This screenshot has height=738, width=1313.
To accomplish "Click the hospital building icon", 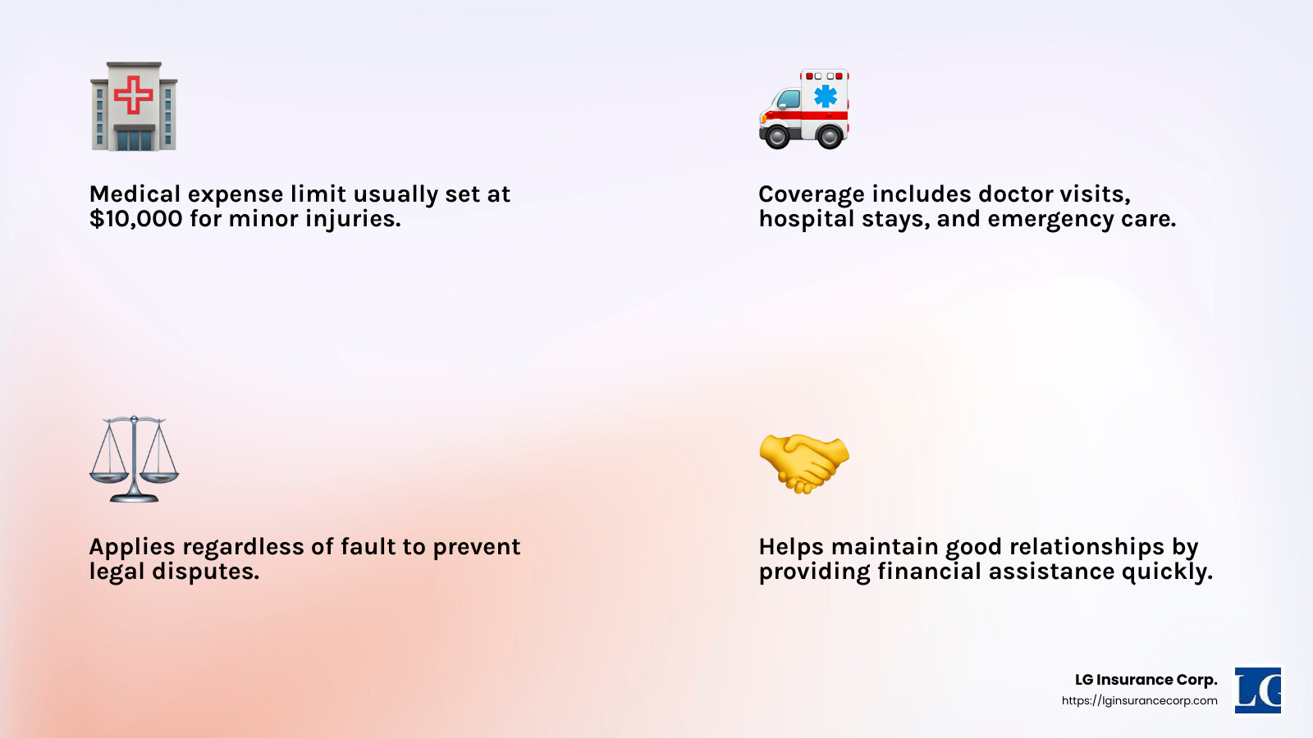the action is coord(134,106).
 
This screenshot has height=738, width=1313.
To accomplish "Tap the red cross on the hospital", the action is coord(134,94).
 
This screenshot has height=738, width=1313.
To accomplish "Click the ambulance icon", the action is coord(803,108).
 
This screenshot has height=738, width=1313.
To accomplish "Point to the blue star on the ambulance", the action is coord(826,96).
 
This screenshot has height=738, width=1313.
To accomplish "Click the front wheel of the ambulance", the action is coord(777,137).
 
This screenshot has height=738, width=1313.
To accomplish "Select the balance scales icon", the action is coord(134,459).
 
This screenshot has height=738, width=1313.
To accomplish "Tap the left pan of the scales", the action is coord(108,477).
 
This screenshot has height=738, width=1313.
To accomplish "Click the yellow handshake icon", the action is coord(803,463).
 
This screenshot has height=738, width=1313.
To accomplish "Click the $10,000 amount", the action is coord(136,219).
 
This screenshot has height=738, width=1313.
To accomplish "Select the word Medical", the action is coord(135,194).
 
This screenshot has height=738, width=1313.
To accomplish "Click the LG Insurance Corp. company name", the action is coord(1146,680).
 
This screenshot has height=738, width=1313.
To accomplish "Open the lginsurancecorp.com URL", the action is coord(1140,701).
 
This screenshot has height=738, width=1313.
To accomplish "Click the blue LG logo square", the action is coord(1258,690).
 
